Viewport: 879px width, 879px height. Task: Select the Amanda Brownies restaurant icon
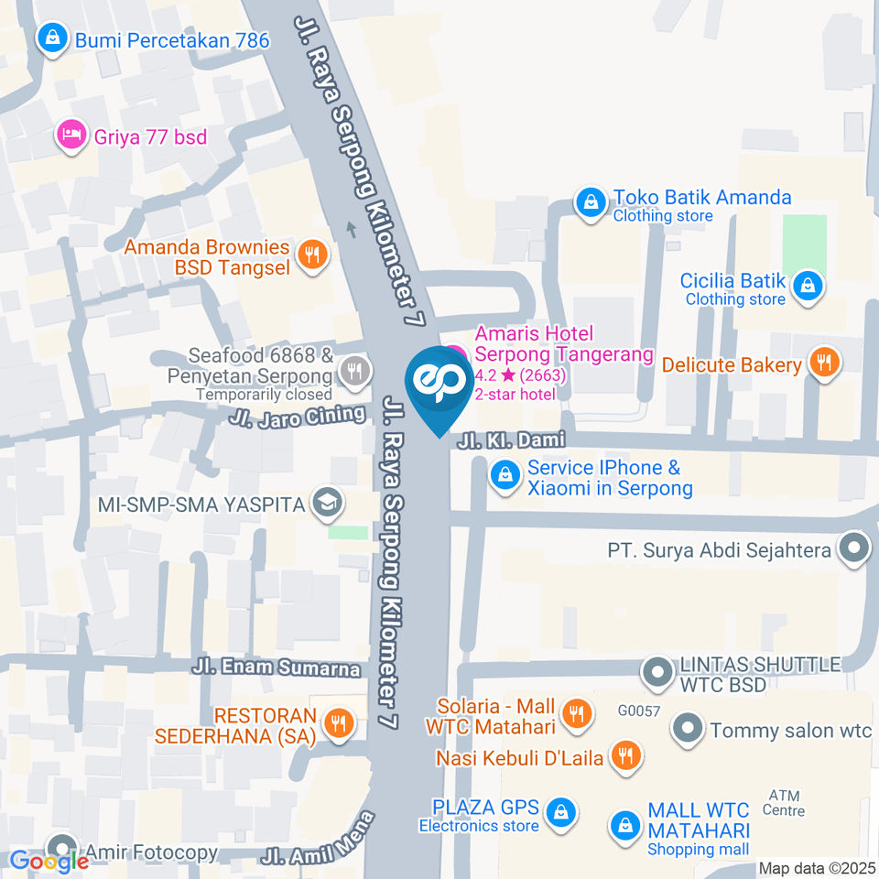click(x=313, y=256)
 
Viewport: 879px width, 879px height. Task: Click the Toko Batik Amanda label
click(x=701, y=198)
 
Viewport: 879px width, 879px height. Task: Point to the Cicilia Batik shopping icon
click(x=808, y=287)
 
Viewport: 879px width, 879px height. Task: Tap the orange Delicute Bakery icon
click(x=825, y=364)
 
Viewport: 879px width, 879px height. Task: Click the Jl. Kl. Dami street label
click(x=505, y=440)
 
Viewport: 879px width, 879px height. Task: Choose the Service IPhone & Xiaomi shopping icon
click(x=503, y=475)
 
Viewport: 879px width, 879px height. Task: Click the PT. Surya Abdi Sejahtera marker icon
click(x=854, y=550)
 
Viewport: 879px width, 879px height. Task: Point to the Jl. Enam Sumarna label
click(x=277, y=667)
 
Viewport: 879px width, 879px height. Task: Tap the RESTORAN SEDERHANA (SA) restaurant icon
click(x=339, y=722)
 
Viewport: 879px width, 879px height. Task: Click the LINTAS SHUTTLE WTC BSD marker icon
click(x=657, y=674)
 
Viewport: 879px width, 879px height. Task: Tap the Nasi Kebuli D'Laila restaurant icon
click(x=627, y=756)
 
